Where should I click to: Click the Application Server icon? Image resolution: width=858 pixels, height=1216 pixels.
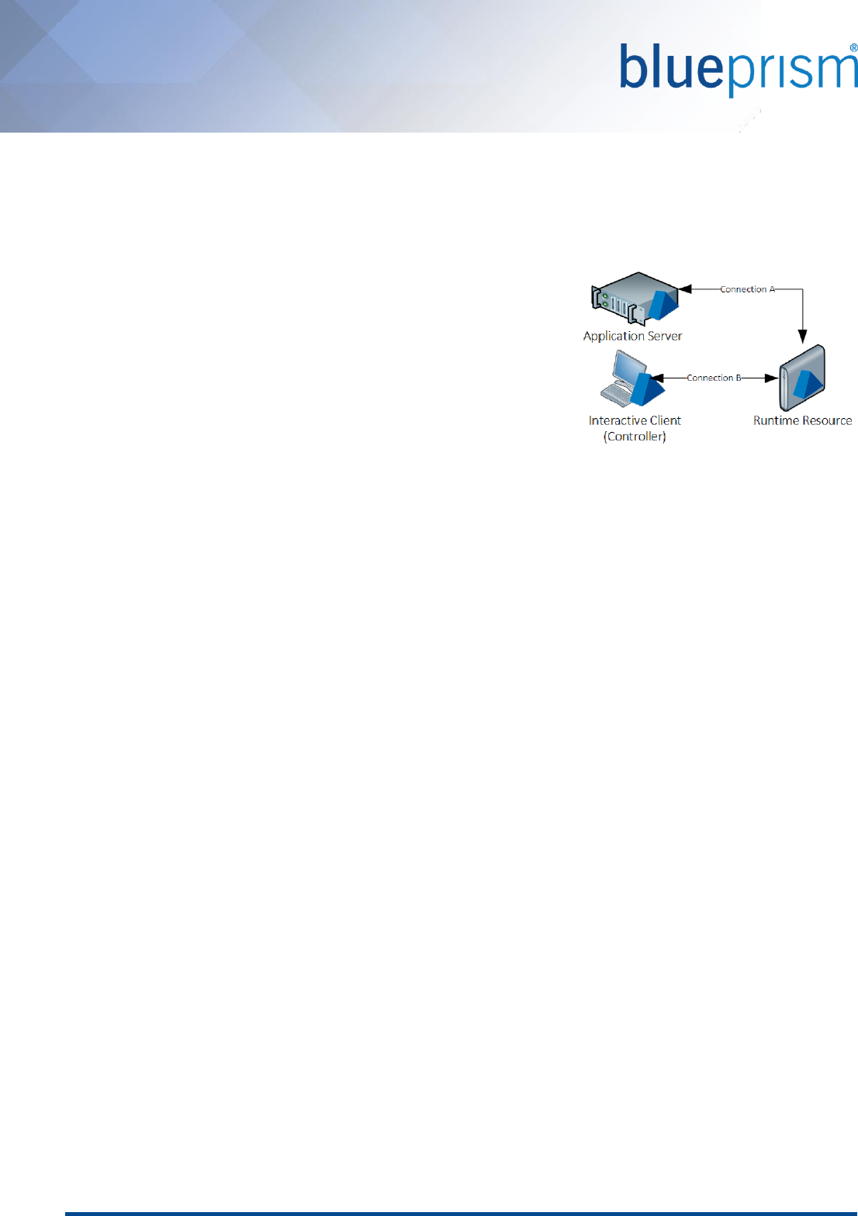click(635, 298)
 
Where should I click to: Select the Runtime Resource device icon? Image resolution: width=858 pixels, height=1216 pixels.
click(802, 378)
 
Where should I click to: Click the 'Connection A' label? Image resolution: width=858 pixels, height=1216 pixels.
click(747, 289)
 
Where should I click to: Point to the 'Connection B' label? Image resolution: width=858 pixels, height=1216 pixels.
click(714, 378)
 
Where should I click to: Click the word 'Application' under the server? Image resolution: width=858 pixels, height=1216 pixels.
click(614, 337)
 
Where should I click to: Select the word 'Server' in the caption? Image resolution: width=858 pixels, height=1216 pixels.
click(665, 336)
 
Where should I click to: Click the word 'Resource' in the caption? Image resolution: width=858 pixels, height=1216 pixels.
click(827, 420)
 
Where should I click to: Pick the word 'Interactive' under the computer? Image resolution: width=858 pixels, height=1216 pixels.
click(618, 420)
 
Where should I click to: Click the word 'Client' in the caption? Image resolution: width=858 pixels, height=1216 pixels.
click(666, 420)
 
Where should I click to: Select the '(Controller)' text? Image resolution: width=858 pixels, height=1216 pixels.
click(635, 437)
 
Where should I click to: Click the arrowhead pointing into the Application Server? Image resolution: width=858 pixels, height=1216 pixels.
click(685, 289)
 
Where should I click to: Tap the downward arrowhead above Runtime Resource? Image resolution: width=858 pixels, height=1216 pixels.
click(803, 337)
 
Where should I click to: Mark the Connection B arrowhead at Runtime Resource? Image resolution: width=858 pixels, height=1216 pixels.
click(771, 378)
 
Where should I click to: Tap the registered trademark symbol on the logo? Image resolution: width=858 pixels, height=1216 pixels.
click(853, 48)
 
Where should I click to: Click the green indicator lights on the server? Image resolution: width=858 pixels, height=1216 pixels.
click(604, 300)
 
